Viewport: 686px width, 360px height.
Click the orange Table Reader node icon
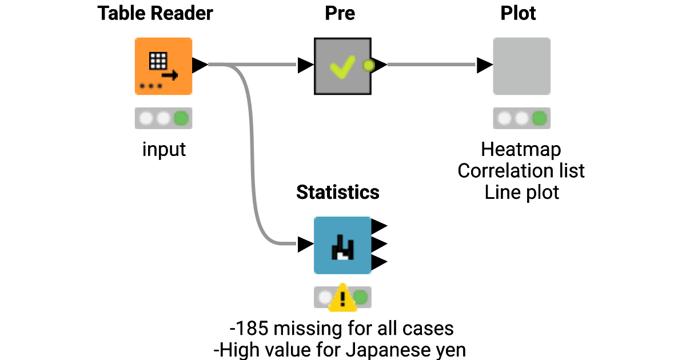(163, 66)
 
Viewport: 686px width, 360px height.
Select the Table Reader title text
(155, 13)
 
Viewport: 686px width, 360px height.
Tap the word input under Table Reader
(164, 150)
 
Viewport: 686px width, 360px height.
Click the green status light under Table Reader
(181, 118)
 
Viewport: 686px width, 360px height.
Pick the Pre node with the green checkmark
(342, 66)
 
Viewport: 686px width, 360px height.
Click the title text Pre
(340, 13)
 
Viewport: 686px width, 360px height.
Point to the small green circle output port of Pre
(369, 65)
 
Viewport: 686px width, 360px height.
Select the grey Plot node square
(521, 66)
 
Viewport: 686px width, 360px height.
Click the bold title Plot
(518, 13)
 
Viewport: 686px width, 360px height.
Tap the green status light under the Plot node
(539, 118)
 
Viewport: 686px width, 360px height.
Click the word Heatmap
(521, 150)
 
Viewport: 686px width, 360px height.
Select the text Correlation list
(521, 171)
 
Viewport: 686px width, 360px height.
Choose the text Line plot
(521, 193)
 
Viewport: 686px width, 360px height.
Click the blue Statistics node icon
(342, 245)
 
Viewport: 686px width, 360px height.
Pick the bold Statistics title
(338, 193)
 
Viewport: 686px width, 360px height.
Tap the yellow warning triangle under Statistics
(342, 298)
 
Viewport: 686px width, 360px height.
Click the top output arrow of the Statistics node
(380, 227)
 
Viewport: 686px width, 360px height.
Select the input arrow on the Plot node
(485, 65)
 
